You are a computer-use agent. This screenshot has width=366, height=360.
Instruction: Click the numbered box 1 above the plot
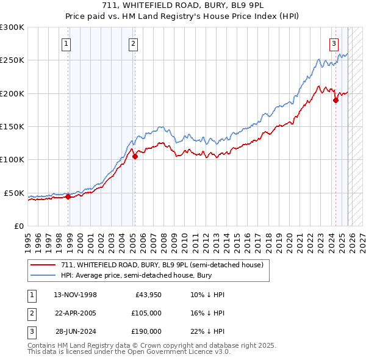click(x=65, y=43)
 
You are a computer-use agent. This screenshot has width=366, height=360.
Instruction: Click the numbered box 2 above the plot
click(x=133, y=43)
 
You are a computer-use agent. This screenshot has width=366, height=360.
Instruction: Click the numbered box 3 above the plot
click(x=334, y=43)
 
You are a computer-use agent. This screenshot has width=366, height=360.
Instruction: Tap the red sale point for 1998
click(x=68, y=196)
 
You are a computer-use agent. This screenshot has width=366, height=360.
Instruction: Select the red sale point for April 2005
click(x=135, y=156)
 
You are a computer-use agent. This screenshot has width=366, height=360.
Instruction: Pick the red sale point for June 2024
click(x=335, y=101)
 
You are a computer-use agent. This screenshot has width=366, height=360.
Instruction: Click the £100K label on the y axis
click(x=12, y=160)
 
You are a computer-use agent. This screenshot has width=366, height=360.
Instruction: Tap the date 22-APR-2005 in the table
click(x=76, y=313)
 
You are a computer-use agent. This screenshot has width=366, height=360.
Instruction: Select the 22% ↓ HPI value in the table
click(x=207, y=331)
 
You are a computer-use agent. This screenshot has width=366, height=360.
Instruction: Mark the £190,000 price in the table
click(x=146, y=331)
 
